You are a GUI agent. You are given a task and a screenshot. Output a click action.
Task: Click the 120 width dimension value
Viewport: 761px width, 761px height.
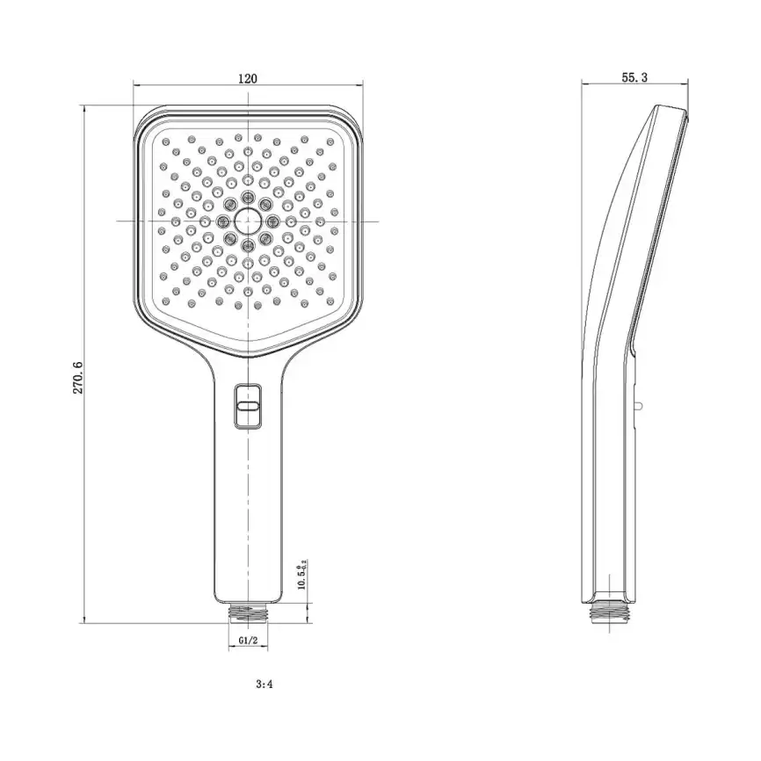point(248,78)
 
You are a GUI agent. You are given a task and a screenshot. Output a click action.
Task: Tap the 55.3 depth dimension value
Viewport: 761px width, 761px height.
point(634,77)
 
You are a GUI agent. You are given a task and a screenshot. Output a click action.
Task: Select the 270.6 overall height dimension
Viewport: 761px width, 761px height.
point(77,376)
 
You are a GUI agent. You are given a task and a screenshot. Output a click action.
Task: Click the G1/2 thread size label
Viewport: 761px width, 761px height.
point(248,642)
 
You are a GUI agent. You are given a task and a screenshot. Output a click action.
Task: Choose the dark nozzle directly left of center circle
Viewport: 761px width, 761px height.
point(224,220)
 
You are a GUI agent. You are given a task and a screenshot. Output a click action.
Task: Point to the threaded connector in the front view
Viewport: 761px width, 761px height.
point(249,612)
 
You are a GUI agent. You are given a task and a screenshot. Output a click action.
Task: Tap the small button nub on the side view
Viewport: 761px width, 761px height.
point(640,406)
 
